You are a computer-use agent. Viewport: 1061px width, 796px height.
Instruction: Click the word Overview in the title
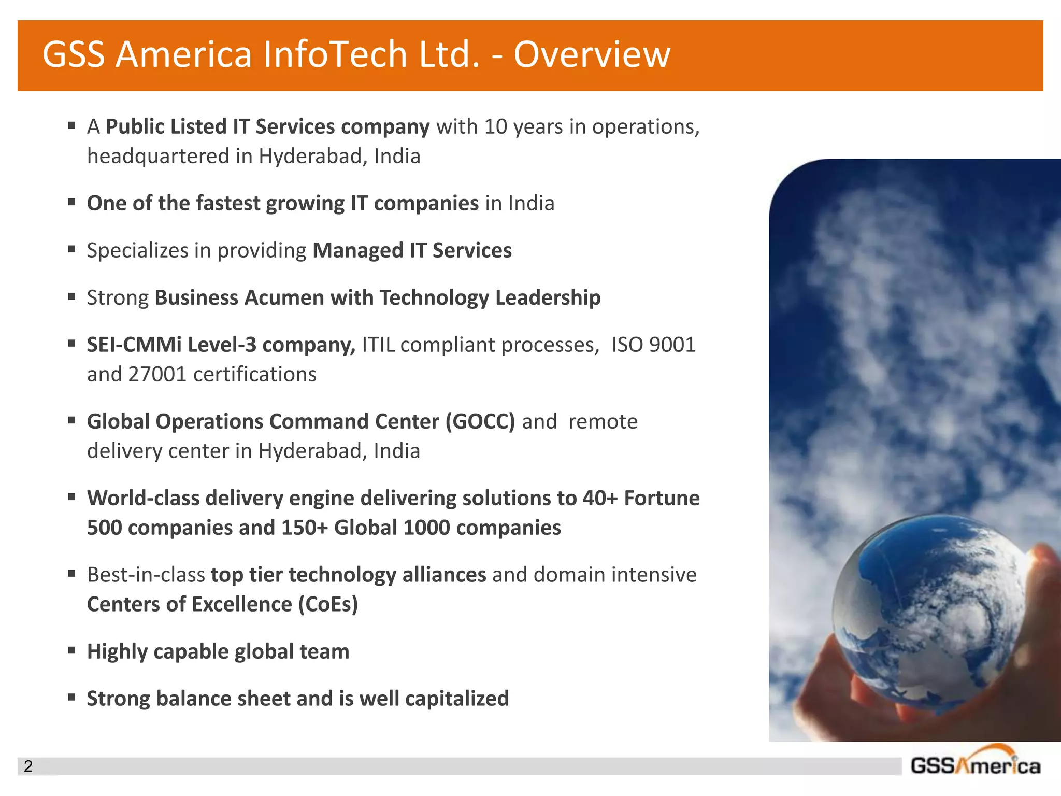pyautogui.click(x=592, y=54)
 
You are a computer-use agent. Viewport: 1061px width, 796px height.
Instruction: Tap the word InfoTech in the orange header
pyautogui.click(x=335, y=54)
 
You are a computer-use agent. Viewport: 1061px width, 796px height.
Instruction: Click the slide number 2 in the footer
pyautogui.click(x=28, y=766)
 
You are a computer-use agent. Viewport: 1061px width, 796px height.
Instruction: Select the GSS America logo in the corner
pyautogui.click(x=975, y=763)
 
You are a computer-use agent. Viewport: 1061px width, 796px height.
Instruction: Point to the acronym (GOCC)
pyautogui.click(x=480, y=422)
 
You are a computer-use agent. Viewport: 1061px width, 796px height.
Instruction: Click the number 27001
pyautogui.click(x=157, y=374)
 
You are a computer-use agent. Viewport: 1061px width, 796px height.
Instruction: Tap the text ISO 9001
pyautogui.click(x=653, y=345)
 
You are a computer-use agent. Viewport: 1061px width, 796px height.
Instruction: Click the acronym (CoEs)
pyautogui.click(x=328, y=604)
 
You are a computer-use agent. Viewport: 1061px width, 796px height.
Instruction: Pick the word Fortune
pyautogui.click(x=662, y=498)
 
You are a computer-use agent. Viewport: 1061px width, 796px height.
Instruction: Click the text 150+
pyautogui.click(x=305, y=528)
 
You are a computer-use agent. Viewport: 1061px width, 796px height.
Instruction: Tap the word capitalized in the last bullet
pyautogui.click(x=457, y=699)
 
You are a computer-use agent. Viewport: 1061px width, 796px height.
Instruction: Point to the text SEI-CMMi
pyautogui.click(x=134, y=345)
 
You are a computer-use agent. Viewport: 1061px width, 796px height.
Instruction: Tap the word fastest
pyautogui.click(x=227, y=203)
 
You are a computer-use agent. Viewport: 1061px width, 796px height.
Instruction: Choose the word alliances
pyautogui.click(x=444, y=575)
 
